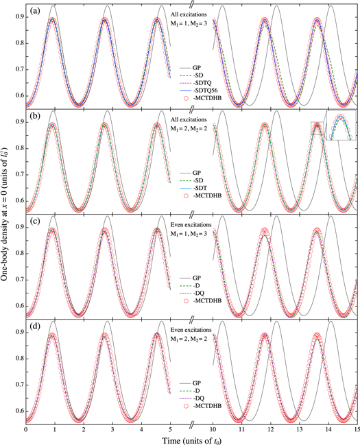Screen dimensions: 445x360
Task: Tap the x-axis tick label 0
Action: point(25,428)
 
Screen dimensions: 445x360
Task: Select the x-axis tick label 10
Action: point(211,428)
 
